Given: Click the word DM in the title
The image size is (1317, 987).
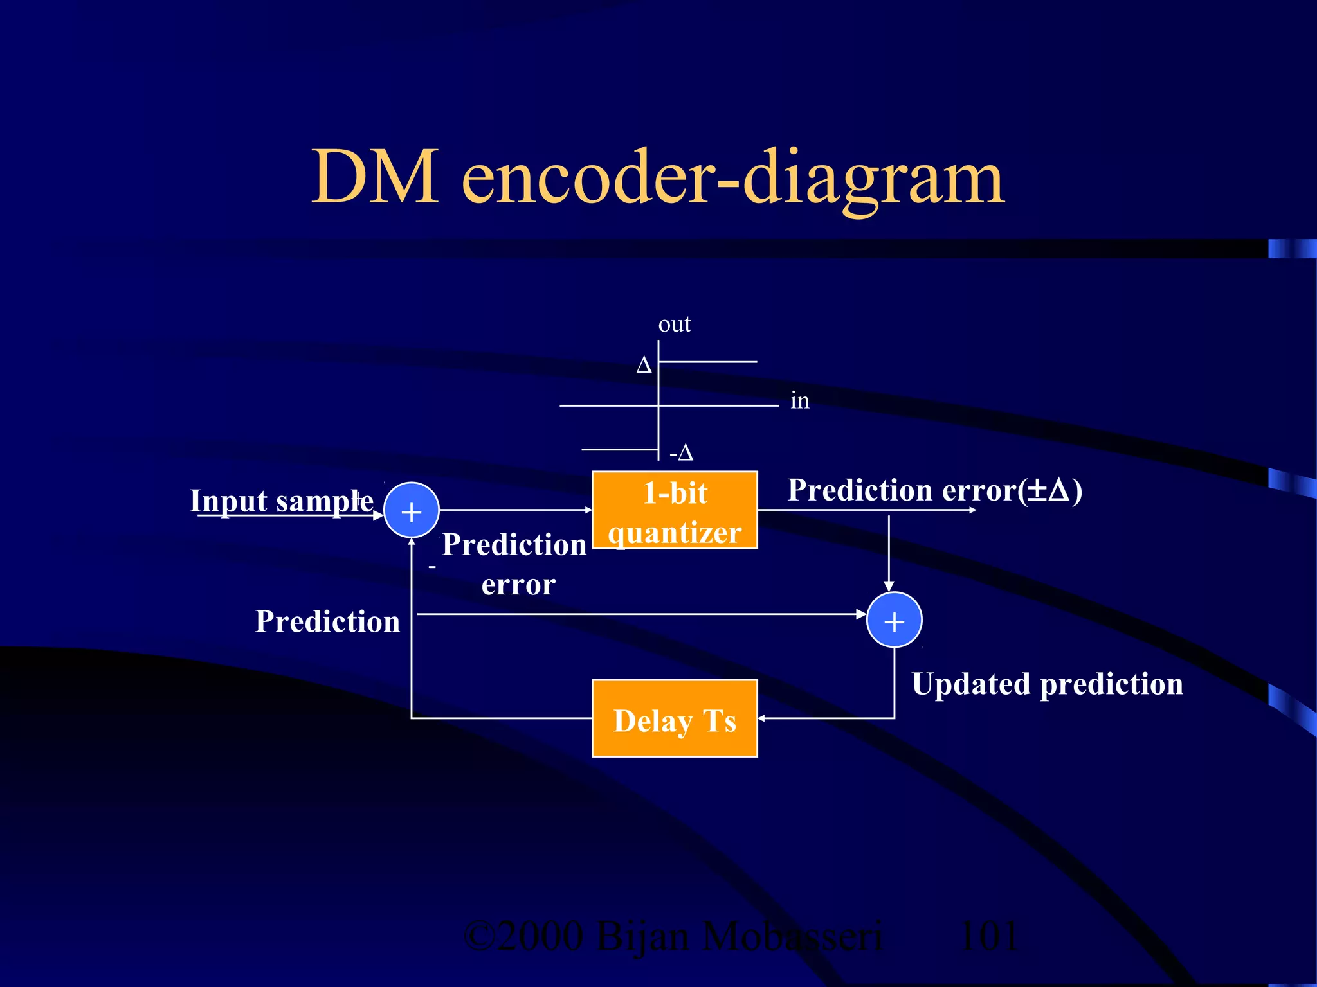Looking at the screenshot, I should tap(375, 177).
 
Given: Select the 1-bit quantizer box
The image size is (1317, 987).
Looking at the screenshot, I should tap(675, 510).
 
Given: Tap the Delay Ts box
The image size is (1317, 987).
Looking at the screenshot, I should tap(675, 718).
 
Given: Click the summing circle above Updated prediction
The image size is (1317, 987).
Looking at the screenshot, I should tap(895, 620).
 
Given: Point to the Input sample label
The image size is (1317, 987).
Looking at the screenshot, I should tap(281, 501).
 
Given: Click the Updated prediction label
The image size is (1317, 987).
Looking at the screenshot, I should tap(1047, 684).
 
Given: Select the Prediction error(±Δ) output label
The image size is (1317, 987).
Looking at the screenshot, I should tap(934, 490).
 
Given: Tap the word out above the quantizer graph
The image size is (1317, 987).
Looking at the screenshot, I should tap(674, 324).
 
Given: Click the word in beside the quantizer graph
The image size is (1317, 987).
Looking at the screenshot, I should tap(799, 401).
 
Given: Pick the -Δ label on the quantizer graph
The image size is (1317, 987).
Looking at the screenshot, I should tap(681, 453).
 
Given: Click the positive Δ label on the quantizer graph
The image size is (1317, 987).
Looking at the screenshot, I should tap(644, 366).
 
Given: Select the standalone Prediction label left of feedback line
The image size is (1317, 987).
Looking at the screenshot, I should tap(327, 621).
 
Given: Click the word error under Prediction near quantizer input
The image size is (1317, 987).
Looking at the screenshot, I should tap(518, 585).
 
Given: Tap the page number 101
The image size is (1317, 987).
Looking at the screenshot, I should tap(988, 936).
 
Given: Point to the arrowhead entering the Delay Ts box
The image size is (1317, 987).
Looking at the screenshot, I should tap(761, 718).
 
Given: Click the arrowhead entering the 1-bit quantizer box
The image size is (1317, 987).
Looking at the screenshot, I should tap(588, 510).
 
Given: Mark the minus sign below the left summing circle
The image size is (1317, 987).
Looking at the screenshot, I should tap(432, 567).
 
